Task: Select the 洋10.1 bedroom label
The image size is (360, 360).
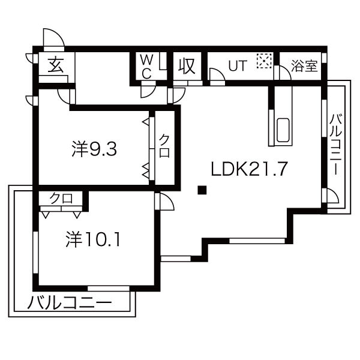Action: click(94, 240)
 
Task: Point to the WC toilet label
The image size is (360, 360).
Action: click(146, 66)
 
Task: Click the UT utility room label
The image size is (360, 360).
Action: click(237, 66)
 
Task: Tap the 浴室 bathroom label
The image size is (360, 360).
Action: click(304, 66)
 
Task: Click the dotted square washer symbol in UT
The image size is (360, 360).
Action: click(264, 60)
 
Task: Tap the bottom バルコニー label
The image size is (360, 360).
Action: click(70, 302)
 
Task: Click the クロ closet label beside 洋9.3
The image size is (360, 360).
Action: click(164, 146)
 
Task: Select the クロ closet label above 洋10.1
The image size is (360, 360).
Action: click(61, 198)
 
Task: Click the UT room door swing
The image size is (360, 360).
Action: click(217, 76)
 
